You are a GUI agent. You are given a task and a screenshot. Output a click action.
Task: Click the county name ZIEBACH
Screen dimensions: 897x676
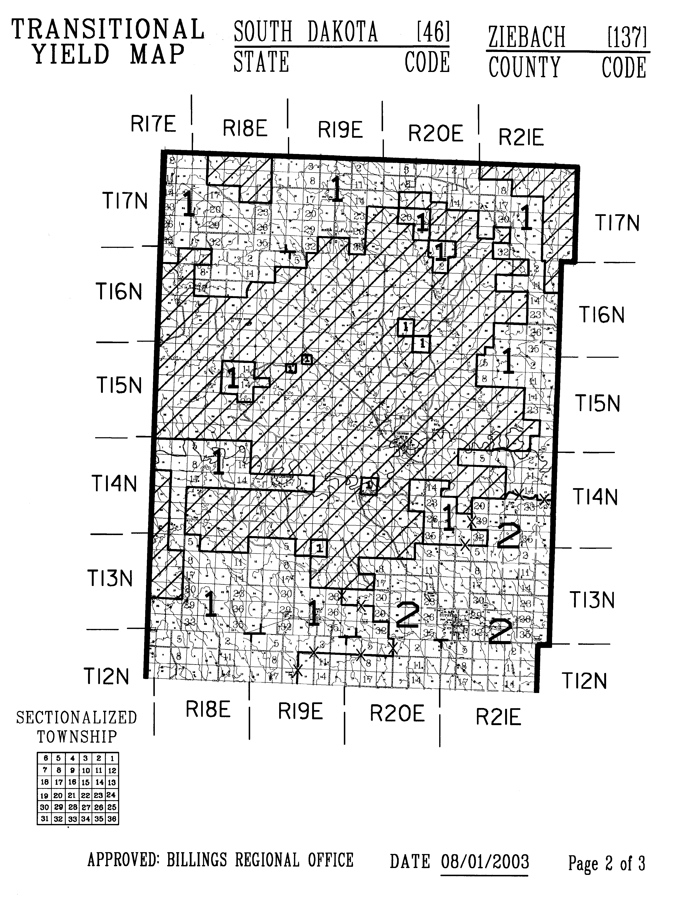pos(526,37)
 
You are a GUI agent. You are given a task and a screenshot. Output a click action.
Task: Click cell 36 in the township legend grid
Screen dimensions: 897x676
pos(112,819)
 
